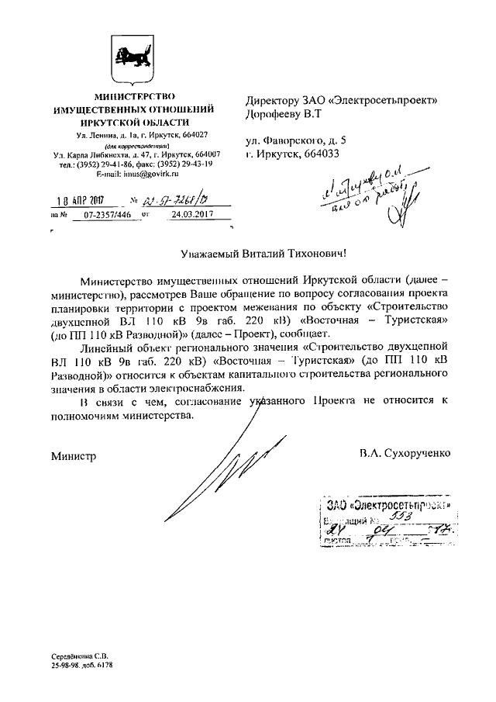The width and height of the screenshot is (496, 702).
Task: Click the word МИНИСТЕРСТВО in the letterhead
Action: (x=130, y=97)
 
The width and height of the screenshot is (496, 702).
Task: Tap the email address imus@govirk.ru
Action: (x=140, y=175)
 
